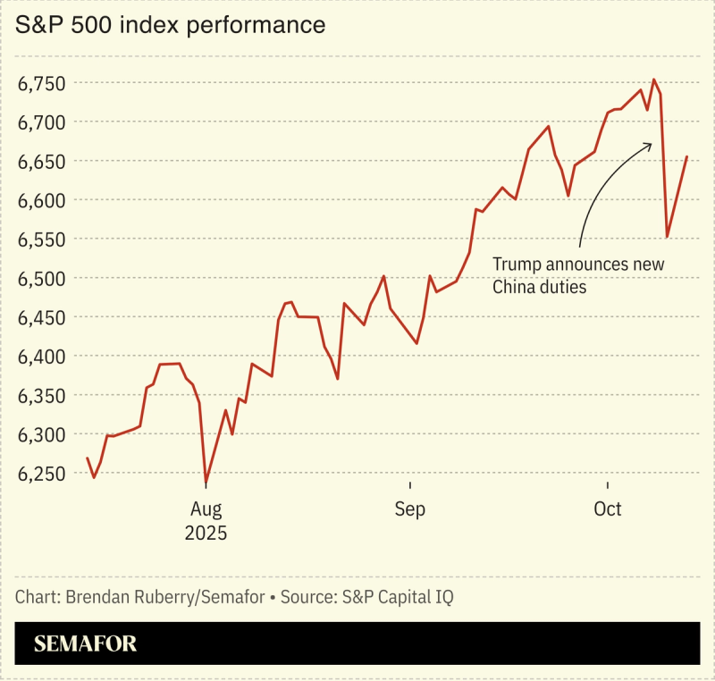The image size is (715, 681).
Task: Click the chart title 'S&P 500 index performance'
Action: tap(170, 25)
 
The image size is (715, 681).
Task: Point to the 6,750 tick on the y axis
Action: tap(42, 83)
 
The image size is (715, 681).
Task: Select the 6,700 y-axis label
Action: tap(42, 122)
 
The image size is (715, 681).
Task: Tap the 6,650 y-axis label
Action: tap(42, 161)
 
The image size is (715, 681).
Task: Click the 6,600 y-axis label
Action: tap(42, 200)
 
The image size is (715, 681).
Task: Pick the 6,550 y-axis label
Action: tap(42, 240)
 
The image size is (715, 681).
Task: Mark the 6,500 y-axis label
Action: tap(42, 278)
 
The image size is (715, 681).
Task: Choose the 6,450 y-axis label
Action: tap(42, 317)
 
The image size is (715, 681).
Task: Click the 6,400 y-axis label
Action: tap(42, 357)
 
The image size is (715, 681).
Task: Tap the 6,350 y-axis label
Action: tap(42, 395)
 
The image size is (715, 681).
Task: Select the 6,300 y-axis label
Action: tap(42, 434)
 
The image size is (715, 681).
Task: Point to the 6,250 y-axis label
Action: tap(42, 474)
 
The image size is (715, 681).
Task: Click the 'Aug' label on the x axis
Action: tap(206, 509)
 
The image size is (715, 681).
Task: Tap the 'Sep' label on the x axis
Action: tap(410, 509)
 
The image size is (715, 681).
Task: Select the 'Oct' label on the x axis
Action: tap(608, 509)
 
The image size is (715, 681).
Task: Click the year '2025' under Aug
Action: tap(206, 534)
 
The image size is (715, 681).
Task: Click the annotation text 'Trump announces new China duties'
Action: tap(578, 275)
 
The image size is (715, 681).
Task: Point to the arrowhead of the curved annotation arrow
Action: tap(651, 144)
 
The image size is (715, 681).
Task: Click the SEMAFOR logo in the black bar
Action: tap(85, 644)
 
